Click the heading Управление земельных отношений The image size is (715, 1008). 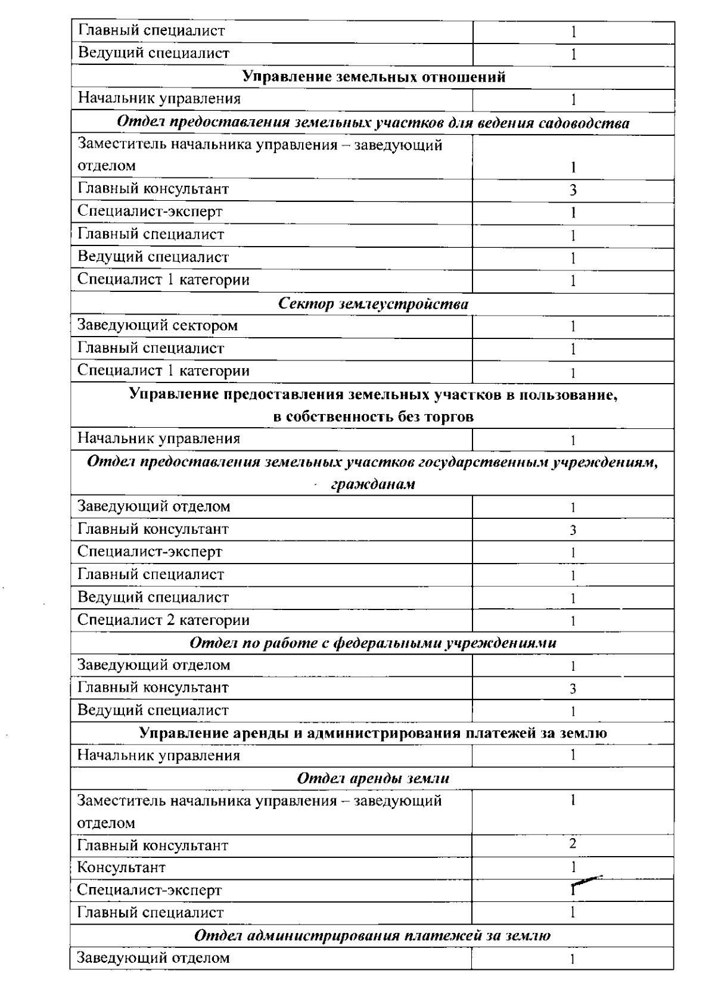coord(374,77)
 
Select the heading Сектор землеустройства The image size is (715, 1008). coord(374,304)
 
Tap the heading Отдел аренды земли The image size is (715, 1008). coord(373,778)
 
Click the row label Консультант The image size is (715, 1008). coord(122,867)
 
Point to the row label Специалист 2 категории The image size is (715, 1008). coord(163,620)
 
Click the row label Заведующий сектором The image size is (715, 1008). coord(157,326)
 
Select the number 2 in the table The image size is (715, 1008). coord(573,844)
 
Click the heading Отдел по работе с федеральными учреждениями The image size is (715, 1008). coord(373,643)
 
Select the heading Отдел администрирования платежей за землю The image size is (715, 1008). coord(373,935)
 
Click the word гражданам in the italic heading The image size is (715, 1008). coord(373,484)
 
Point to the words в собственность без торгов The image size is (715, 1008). coord(374,416)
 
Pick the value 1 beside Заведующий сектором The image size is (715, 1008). coord(573,326)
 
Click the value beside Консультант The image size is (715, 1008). coord(573,867)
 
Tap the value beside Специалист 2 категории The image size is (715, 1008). coord(573,621)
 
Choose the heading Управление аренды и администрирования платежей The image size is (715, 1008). coord(373,733)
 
